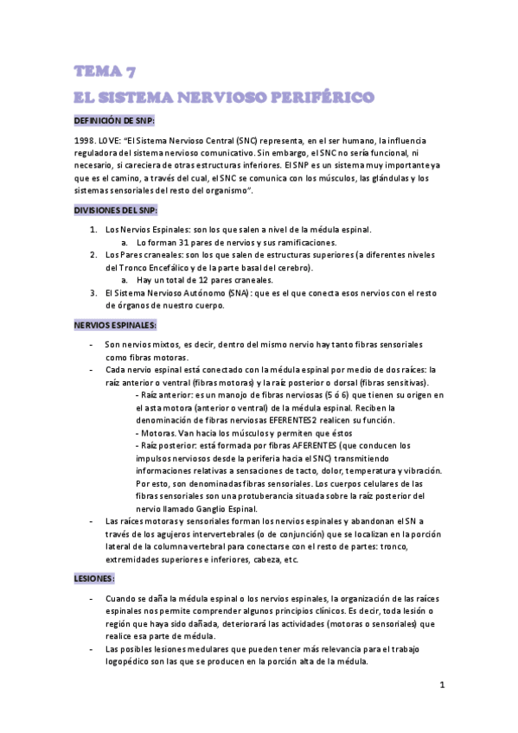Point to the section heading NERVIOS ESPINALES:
click(x=114, y=325)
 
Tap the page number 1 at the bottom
click(x=441, y=685)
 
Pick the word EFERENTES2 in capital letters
click(x=296, y=420)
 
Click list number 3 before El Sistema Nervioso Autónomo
click(x=93, y=293)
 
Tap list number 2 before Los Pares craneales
click(x=93, y=256)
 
